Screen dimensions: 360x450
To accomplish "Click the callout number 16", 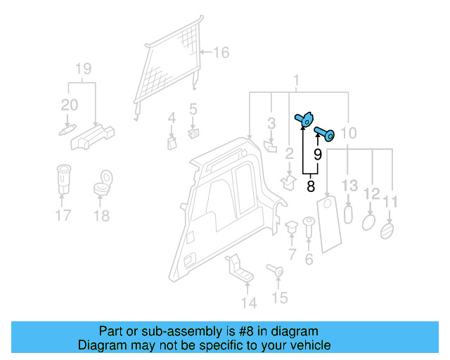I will (x=221, y=53).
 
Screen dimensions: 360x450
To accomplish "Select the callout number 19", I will (x=83, y=69).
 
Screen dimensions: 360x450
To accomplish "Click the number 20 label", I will (x=69, y=105).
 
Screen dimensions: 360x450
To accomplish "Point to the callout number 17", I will (x=63, y=215).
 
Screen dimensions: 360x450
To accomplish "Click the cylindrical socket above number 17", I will (x=63, y=179).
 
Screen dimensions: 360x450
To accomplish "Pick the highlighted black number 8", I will (x=310, y=187).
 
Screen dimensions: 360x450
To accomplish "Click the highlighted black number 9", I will (x=317, y=153).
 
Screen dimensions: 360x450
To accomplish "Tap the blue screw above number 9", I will (x=324, y=131).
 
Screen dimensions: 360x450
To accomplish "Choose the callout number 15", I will (x=279, y=299).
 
